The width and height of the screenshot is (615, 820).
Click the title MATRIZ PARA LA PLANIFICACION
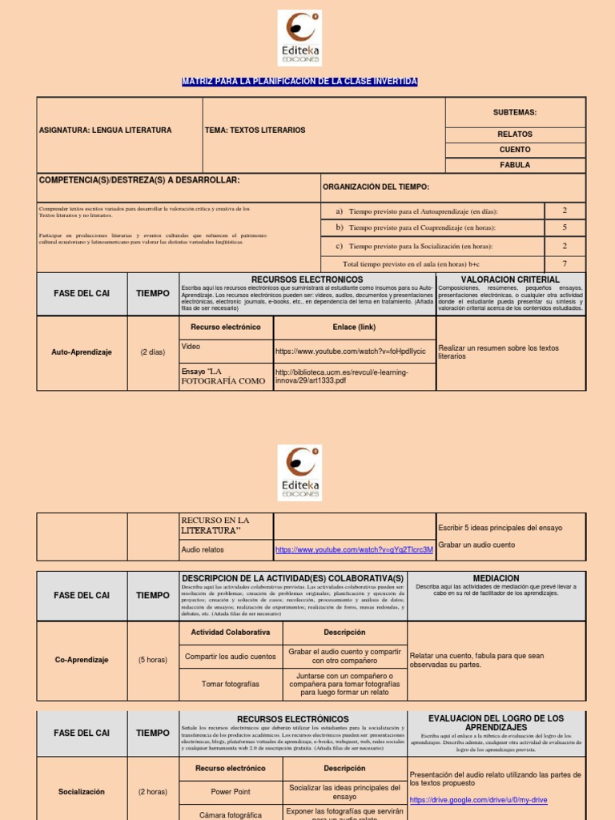299,82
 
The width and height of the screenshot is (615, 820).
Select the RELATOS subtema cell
515,135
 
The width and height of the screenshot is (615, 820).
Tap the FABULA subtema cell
515,165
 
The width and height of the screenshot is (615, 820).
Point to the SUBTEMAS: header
515,113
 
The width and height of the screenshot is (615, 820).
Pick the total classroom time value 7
565,263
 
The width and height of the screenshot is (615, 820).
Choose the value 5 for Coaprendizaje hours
565,227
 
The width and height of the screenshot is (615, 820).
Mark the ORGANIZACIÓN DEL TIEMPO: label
376,187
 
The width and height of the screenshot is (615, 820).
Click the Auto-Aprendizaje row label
82,352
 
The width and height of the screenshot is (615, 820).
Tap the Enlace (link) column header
354,327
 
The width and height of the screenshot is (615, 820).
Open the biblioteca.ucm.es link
341,376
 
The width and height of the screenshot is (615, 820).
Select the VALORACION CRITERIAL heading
510,279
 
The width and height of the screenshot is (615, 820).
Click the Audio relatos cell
203,550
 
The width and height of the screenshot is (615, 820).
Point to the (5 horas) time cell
153,661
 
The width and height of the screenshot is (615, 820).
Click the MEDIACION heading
496,577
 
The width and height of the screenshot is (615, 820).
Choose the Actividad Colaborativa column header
230,633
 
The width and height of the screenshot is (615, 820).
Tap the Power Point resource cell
231,792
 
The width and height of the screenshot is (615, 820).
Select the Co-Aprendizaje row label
82,661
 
